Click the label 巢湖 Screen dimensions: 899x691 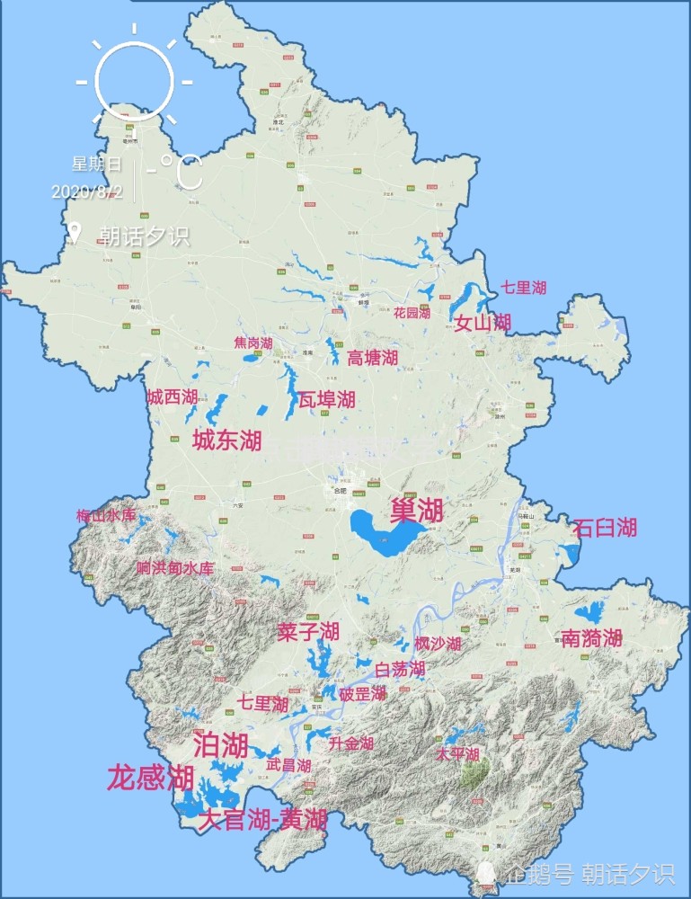click(x=416, y=511)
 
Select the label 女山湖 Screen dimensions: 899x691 click(x=482, y=323)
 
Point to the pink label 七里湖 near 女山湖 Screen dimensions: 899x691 click(x=523, y=288)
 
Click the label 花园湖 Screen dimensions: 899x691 click(x=412, y=313)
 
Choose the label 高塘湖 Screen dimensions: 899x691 click(x=372, y=358)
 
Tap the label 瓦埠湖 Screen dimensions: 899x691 click(x=326, y=398)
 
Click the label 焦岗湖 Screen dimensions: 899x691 click(x=252, y=343)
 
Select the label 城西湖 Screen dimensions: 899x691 click(x=172, y=396)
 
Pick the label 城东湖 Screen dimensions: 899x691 click(x=226, y=440)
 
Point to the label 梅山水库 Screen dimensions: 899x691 click(x=106, y=516)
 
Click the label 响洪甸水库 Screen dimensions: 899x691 click(x=175, y=568)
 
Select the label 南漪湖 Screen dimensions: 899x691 click(x=591, y=638)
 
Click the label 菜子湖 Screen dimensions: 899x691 click(x=307, y=631)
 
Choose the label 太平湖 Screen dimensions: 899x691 click(x=457, y=753)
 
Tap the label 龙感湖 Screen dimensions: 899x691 click(x=150, y=778)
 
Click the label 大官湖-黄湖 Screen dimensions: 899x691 click(x=261, y=820)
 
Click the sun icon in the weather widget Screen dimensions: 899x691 click(x=134, y=76)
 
